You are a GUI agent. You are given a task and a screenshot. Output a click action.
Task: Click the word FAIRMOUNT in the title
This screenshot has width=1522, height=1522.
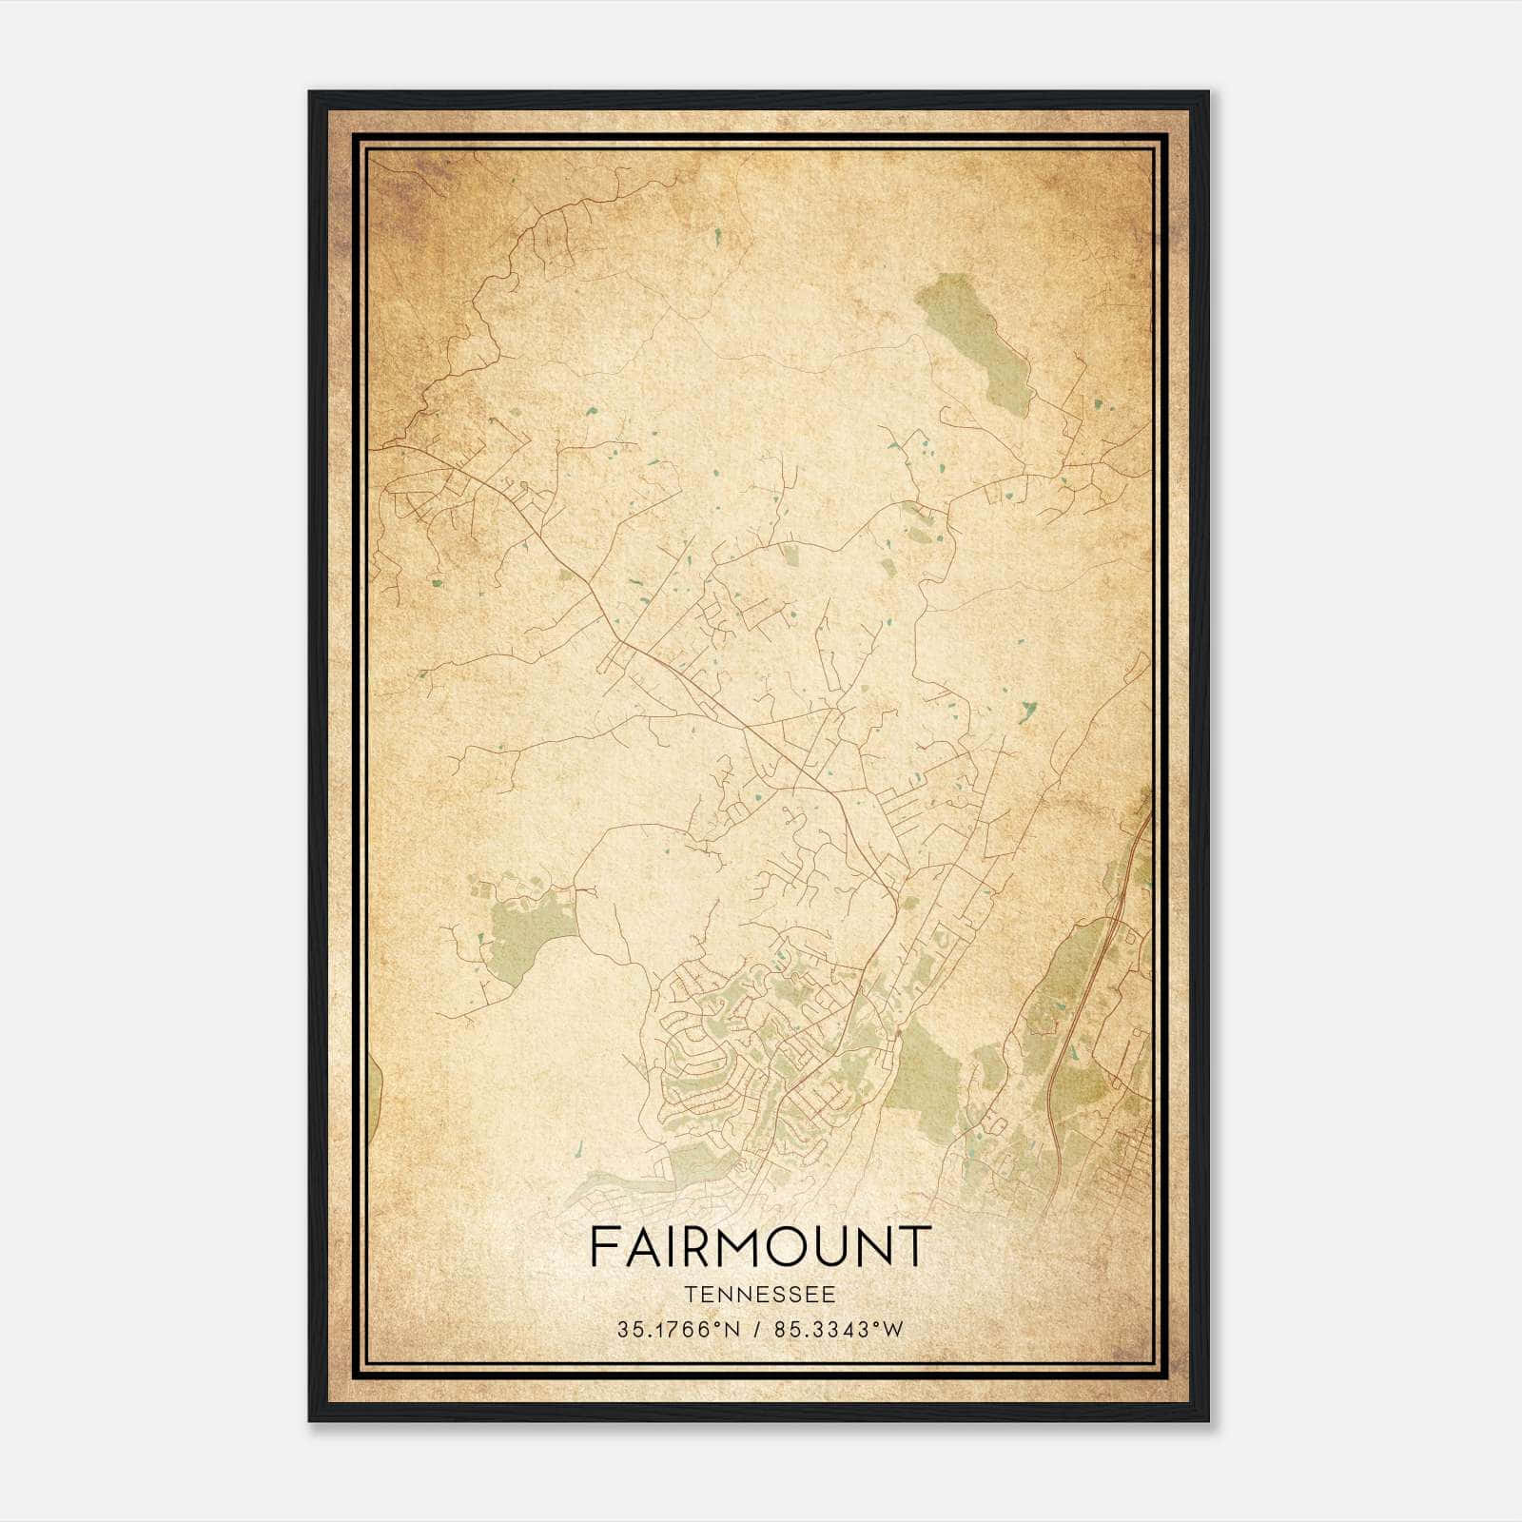(759, 1246)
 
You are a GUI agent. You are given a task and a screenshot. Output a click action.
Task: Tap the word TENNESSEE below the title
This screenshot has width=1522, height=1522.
(759, 1295)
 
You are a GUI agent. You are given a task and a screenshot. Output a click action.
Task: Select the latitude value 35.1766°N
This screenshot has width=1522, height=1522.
(678, 1330)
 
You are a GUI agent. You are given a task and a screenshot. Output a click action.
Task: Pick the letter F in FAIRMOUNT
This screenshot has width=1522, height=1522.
(604, 1246)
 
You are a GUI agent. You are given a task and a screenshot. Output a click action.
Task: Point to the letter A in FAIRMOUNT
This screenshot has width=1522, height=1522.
(639, 1246)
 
